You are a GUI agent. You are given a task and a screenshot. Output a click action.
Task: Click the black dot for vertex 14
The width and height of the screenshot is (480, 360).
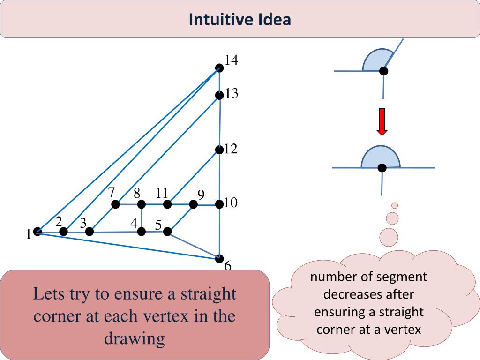pos(219,68)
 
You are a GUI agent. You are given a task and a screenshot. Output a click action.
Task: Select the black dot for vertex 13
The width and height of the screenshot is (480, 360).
pos(219,96)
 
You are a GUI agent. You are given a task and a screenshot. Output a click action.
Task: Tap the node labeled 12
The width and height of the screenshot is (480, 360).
pos(219,150)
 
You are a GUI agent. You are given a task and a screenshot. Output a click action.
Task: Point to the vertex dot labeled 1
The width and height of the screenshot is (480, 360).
pos(37,231)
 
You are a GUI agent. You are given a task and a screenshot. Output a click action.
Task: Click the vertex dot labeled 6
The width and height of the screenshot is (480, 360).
pos(219,258)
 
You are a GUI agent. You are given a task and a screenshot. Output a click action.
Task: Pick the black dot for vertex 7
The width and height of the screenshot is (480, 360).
pos(115,204)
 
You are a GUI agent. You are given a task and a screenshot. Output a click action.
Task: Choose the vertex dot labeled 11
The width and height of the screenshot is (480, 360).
pos(167,204)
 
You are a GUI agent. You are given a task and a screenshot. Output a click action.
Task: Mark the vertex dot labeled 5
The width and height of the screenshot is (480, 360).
pos(167,231)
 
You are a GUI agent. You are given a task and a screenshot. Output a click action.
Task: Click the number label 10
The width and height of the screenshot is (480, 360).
pos(231,203)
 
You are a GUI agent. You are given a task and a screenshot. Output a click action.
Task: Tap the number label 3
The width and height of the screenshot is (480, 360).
pos(83,224)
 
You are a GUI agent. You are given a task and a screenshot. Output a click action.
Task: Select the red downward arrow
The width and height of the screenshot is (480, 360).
pos(382,121)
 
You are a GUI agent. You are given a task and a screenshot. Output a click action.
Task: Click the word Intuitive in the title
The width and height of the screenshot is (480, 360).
pos(221,20)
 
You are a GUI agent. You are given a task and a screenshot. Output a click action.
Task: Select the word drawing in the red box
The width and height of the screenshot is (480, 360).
pos(135,338)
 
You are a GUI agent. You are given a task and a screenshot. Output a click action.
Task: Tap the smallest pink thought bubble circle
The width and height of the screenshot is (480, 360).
pos(395,205)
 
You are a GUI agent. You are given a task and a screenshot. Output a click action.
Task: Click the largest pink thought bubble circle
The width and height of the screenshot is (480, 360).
pos(389,237)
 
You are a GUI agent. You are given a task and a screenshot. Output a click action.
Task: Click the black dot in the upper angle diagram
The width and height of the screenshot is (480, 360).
pos(383,71)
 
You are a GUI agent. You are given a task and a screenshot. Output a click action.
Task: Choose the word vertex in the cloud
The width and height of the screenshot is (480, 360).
pos(403,330)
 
